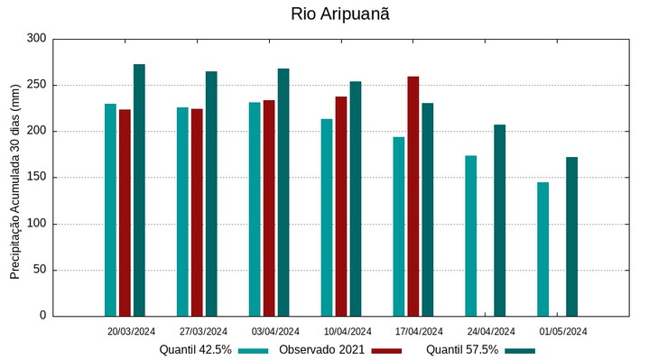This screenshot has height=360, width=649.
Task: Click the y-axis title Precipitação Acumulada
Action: (15, 177)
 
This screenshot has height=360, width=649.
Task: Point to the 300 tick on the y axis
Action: (36, 39)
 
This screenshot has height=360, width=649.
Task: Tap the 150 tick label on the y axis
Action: (36, 178)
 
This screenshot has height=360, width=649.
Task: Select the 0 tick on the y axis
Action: (42, 316)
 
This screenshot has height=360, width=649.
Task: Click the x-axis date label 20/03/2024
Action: (131, 331)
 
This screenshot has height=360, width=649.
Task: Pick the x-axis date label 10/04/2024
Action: (348, 331)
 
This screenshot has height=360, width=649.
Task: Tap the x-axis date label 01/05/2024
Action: (563, 331)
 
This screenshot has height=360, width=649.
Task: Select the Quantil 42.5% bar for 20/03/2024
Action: (110, 210)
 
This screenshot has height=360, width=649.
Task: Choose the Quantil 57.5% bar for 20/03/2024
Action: (139, 190)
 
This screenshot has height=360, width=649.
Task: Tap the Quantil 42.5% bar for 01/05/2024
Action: (543, 249)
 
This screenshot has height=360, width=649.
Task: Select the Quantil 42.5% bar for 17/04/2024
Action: (399, 226)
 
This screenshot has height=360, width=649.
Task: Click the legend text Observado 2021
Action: (321, 349)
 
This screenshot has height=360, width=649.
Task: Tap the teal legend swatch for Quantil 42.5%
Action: (254, 350)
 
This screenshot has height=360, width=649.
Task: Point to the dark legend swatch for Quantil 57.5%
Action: (520, 350)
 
